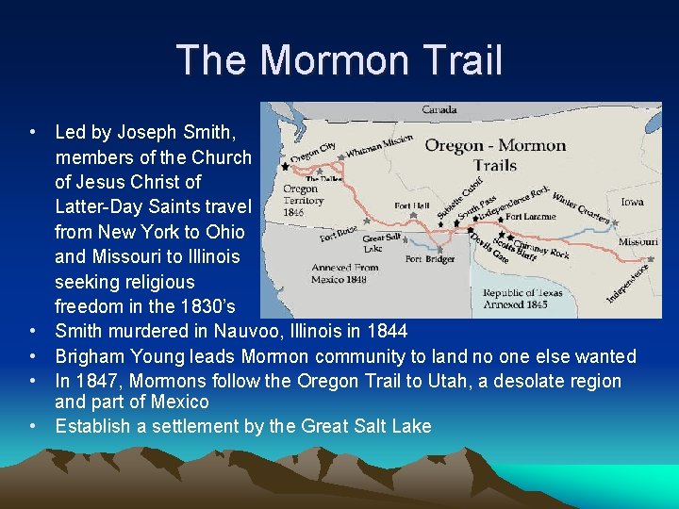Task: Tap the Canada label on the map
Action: pos(439,110)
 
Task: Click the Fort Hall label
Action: pos(413,206)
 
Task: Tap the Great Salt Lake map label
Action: pos(381,243)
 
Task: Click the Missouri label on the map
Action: pos(638,241)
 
